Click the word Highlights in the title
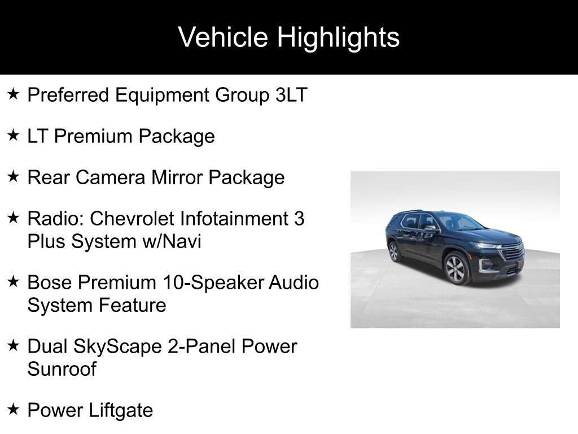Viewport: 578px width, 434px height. pyautogui.click(x=338, y=38)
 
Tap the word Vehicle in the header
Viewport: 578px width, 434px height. pyautogui.click(x=223, y=37)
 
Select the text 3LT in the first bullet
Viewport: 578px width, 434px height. pyautogui.click(x=291, y=95)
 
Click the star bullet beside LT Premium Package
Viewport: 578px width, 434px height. pyautogui.click(x=14, y=135)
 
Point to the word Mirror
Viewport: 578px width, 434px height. pyautogui.click(x=177, y=177)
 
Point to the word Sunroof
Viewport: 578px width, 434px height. pyautogui.click(x=62, y=368)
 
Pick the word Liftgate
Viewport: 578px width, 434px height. pyautogui.click(x=121, y=410)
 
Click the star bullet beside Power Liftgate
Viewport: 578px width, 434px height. pyautogui.click(x=14, y=409)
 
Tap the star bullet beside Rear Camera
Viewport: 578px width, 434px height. pyautogui.click(x=14, y=176)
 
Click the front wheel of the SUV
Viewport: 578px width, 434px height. pyautogui.click(x=456, y=269)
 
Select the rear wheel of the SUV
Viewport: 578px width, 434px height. pyautogui.click(x=394, y=251)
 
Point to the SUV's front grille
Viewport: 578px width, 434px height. pyautogui.click(x=513, y=253)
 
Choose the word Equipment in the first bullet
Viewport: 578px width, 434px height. pyautogui.click(x=162, y=95)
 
